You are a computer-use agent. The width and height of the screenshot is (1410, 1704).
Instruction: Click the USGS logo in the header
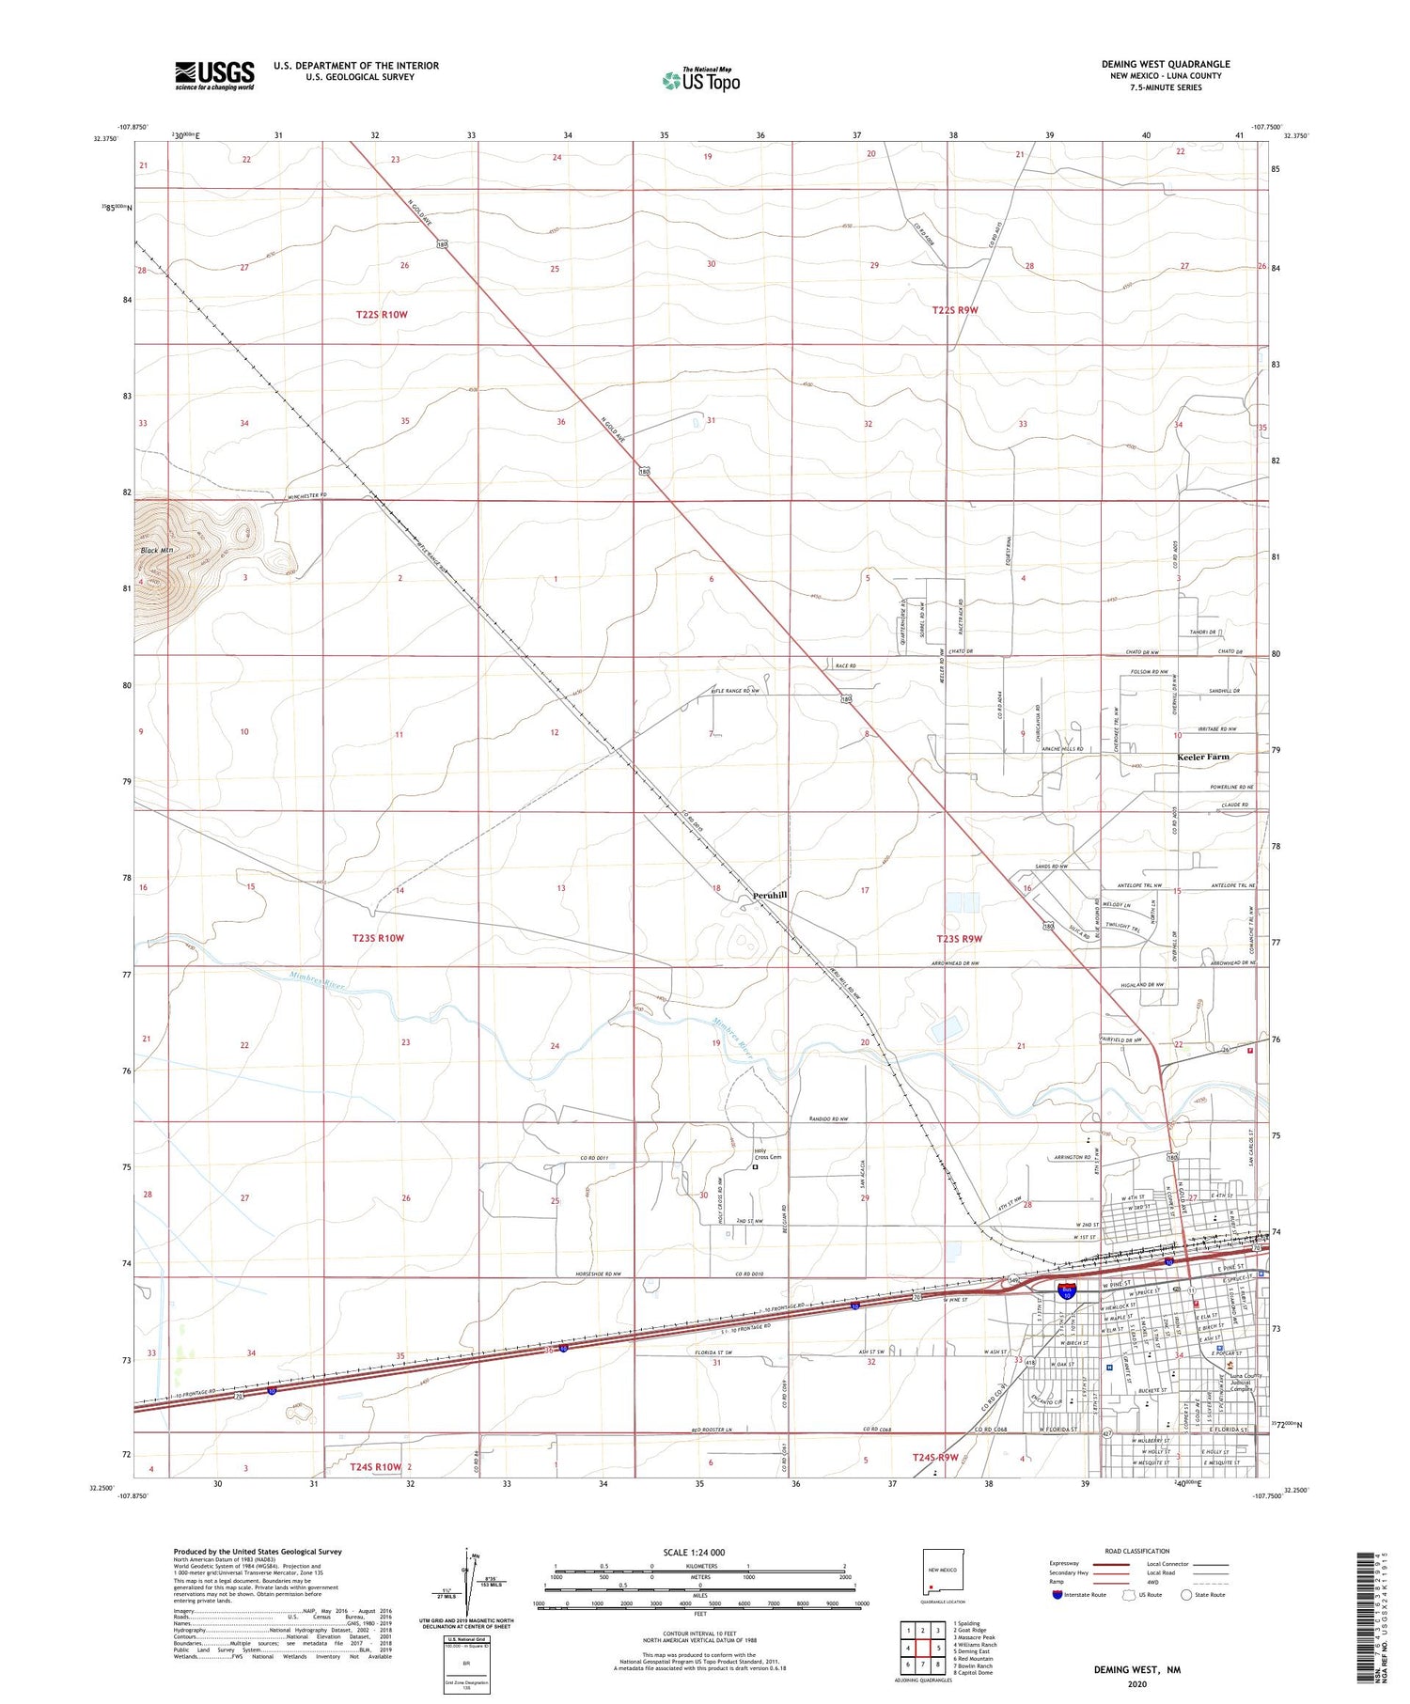click(x=214, y=75)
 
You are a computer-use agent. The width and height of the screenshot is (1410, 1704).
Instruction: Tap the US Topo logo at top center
click(x=701, y=80)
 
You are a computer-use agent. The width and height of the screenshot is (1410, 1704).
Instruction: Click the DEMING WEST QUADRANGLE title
click(x=1165, y=64)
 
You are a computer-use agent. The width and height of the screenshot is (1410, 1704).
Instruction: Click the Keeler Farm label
click(x=1202, y=757)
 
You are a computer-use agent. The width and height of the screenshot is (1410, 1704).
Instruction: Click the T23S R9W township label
click(x=959, y=938)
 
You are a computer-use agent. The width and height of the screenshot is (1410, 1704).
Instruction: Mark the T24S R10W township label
click(x=375, y=1466)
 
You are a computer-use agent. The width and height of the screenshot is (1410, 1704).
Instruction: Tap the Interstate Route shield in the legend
click(x=1058, y=1594)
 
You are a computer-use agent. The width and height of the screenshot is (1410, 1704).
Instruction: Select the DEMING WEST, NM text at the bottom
click(x=1136, y=1669)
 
